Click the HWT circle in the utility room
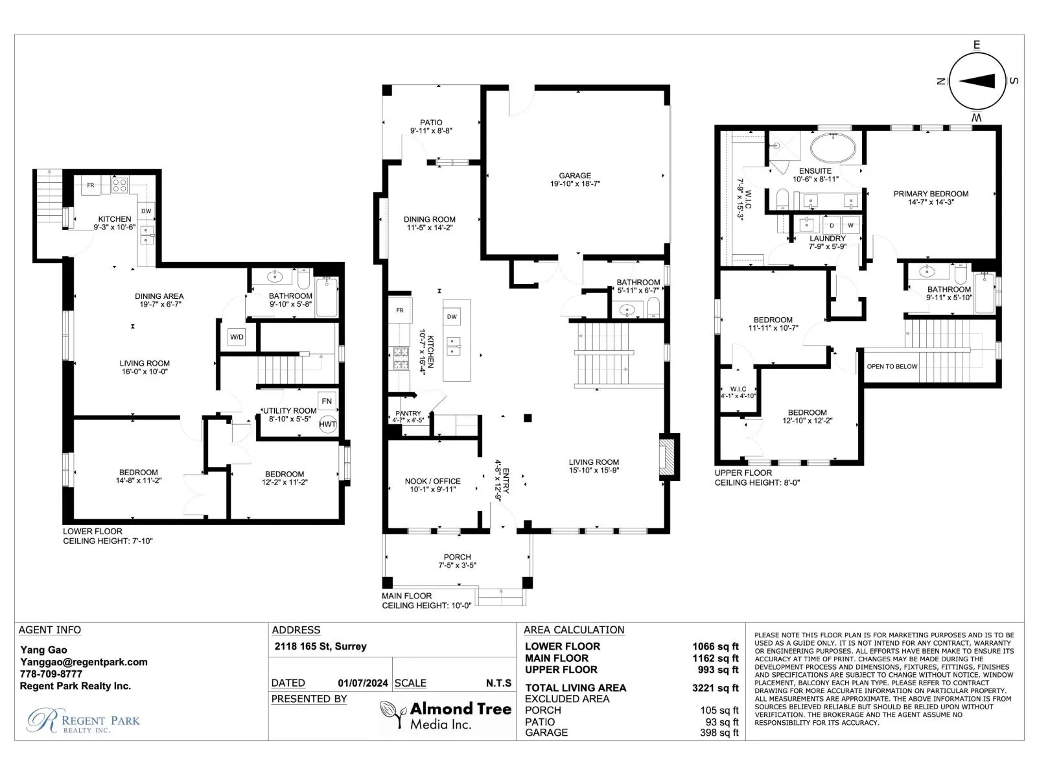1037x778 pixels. pos(327,424)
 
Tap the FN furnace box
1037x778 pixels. pos(327,401)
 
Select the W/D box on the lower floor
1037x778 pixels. pos(237,337)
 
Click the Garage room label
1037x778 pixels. pos(575,175)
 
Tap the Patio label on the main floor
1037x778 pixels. pos(432,123)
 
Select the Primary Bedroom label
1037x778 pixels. pos(931,194)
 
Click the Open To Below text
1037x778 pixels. pos(892,366)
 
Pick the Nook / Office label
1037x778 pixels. pos(432,481)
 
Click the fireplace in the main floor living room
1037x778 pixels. pos(668,457)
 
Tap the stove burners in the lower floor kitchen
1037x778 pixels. pos(119,185)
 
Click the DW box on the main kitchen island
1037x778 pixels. pos(452,316)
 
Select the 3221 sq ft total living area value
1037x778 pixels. pos(716,688)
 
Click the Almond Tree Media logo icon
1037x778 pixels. pos(393,714)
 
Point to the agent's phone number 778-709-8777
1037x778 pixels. pos(51,674)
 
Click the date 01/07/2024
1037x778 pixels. pos(363,683)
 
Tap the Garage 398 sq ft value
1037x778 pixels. pos(719,733)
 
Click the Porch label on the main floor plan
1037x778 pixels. pos(458,557)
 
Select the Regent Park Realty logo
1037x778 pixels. pos(83,721)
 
